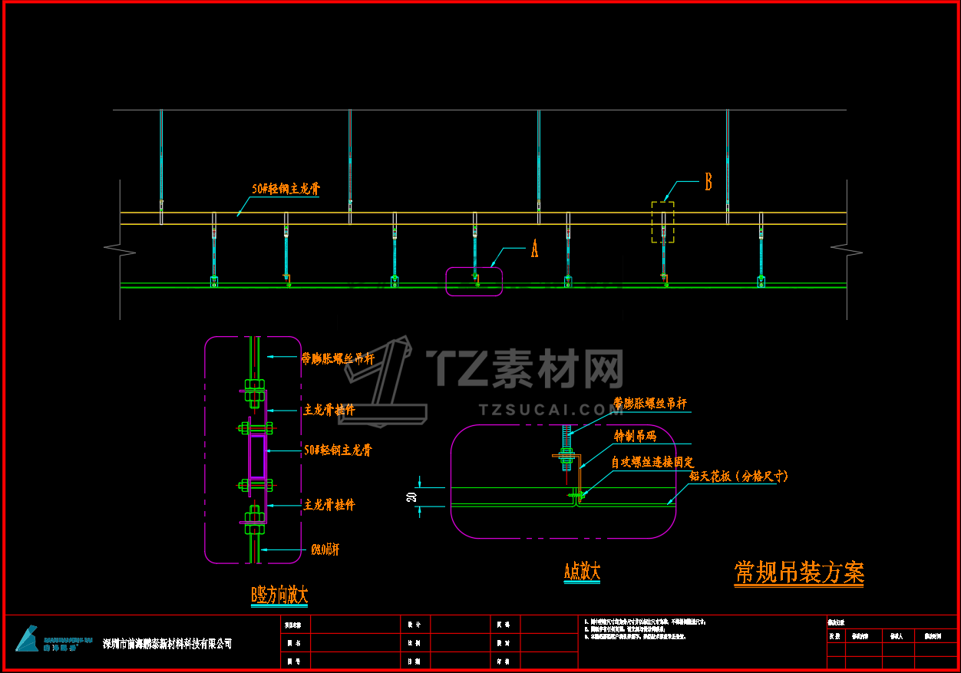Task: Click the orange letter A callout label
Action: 535,249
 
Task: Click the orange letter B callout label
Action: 708,182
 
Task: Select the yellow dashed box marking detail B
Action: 663,223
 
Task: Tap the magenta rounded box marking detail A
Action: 474,281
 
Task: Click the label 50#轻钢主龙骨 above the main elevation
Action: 286,189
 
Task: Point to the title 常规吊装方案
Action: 799,572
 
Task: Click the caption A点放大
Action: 582,571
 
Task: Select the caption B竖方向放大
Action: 279,595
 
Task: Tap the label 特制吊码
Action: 636,436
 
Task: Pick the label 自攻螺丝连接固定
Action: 652,462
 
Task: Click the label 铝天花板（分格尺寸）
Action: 738,477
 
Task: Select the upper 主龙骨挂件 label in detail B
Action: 329,410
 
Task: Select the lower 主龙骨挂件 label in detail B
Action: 329,505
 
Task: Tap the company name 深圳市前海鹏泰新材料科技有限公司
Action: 167,644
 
